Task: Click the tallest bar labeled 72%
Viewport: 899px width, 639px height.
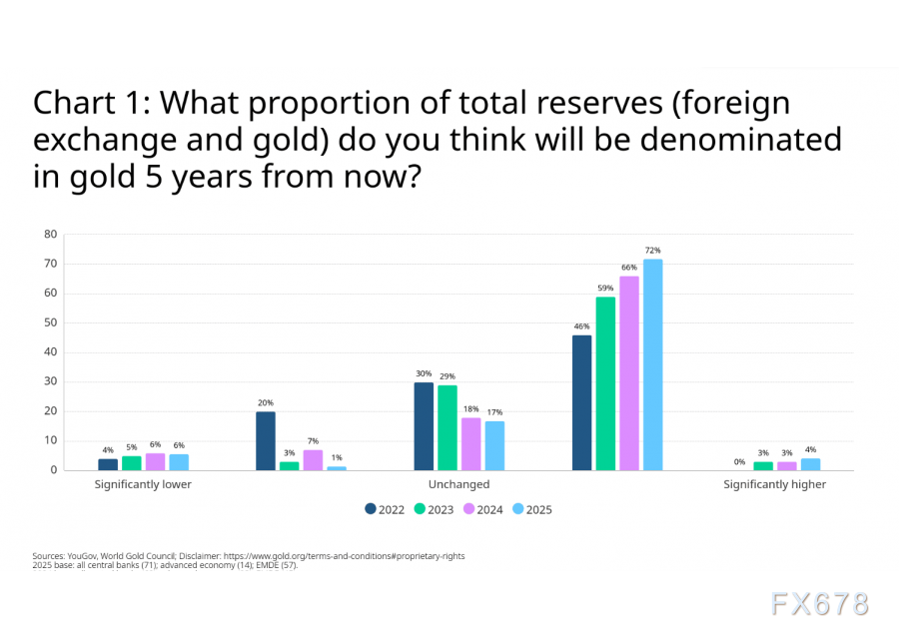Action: (x=652, y=364)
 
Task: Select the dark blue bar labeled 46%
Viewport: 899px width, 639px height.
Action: (x=581, y=402)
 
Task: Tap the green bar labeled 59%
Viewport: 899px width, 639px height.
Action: (x=605, y=383)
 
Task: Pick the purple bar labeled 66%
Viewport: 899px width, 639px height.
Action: (x=629, y=373)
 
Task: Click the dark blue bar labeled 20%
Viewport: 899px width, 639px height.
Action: (x=265, y=440)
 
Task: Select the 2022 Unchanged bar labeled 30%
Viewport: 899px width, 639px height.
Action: (x=424, y=426)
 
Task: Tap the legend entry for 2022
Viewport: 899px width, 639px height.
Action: (x=385, y=509)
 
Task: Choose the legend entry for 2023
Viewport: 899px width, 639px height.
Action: (x=434, y=509)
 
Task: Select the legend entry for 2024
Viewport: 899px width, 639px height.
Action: (x=482, y=509)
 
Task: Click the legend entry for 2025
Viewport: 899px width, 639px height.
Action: (x=531, y=509)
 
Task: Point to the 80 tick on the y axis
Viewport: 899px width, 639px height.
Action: (x=50, y=235)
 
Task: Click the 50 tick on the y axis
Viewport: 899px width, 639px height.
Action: (x=50, y=322)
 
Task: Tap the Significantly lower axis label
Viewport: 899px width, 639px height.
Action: (x=143, y=484)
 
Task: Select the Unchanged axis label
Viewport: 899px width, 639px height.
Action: (x=458, y=484)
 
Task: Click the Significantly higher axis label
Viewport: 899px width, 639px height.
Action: (x=775, y=484)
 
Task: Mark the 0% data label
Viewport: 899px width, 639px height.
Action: (x=738, y=461)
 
